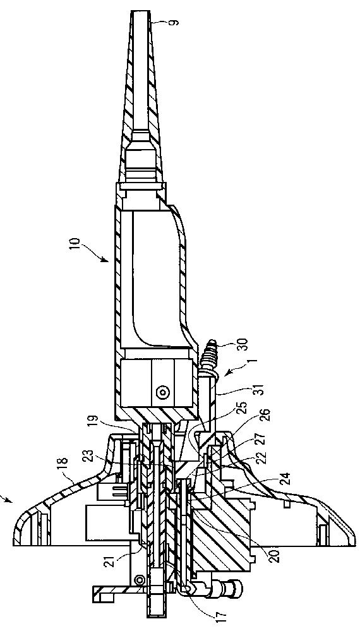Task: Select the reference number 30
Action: (243, 347)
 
